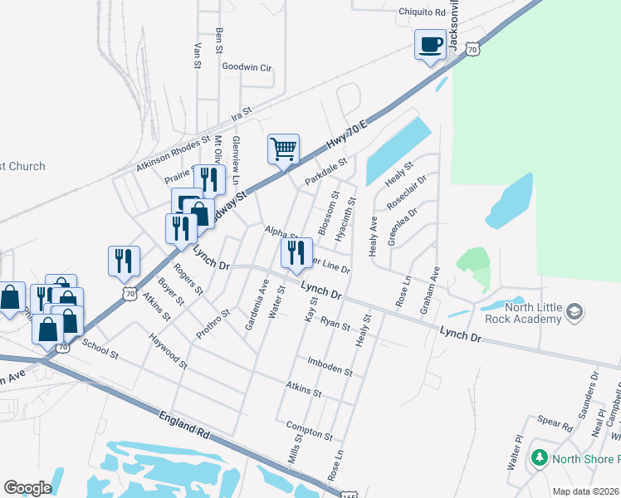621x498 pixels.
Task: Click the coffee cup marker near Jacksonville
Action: click(x=430, y=45)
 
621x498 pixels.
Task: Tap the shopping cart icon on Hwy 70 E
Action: click(x=283, y=150)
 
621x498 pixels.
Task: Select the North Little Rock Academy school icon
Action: click(x=574, y=312)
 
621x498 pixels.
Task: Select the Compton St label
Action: click(x=309, y=431)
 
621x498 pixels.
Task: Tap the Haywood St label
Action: click(x=169, y=348)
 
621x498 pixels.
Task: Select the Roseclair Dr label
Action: click(x=406, y=192)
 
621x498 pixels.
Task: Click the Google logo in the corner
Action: click(x=27, y=488)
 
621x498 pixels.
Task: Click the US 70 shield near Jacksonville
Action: click(x=472, y=51)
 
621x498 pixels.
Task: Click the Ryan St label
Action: click(x=335, y=324)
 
